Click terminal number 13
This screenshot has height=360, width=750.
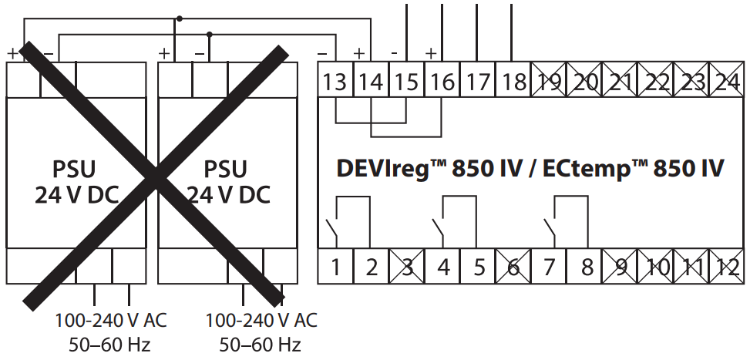coord(335,81)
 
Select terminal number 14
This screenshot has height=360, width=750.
coord(371,81)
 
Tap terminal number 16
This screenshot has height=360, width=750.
coord(442,81)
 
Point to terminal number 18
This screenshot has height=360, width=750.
coord(513,81)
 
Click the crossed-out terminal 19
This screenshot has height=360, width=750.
coord(548,81)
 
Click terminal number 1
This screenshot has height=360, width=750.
coord(336,267)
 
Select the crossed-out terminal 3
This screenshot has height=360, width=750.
coord(407,267)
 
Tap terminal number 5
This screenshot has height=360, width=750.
coord(479,267)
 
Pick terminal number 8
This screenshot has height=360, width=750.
coord(587,267)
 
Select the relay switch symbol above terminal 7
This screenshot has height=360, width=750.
coord(550,228)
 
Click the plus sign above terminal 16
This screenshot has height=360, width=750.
coord(431,53)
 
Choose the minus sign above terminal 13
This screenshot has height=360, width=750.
coord(323,53)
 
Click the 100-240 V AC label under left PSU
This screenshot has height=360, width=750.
coord(110,319)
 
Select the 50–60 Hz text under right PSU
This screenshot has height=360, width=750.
coord(261,344)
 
